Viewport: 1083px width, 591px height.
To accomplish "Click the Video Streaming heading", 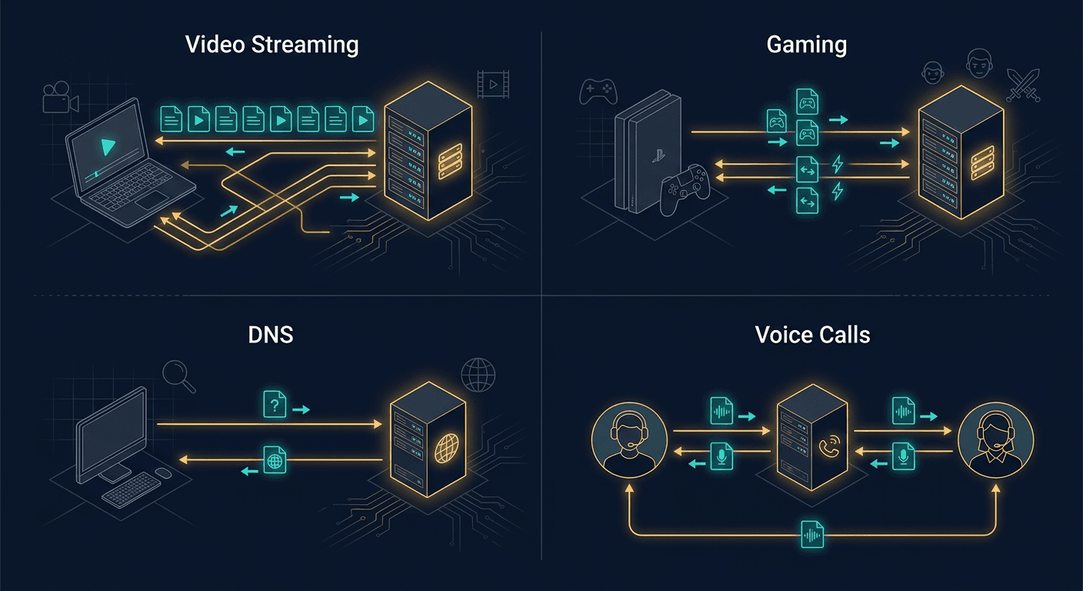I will point(272,44).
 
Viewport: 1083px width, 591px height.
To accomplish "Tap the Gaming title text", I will point(807,44).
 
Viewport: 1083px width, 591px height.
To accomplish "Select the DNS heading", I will point(272,336).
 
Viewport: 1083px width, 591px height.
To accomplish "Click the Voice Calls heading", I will point(812,336).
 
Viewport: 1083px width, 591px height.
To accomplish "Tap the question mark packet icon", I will point(275,404).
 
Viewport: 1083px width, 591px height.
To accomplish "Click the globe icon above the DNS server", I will point(478,376).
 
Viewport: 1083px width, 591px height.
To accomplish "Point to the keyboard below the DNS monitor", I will point(132,489).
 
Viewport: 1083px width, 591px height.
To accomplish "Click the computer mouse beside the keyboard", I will point(163,472).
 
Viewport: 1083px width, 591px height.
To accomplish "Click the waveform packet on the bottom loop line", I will point(812,534).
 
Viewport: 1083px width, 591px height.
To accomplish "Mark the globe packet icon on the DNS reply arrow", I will point(275,459).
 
